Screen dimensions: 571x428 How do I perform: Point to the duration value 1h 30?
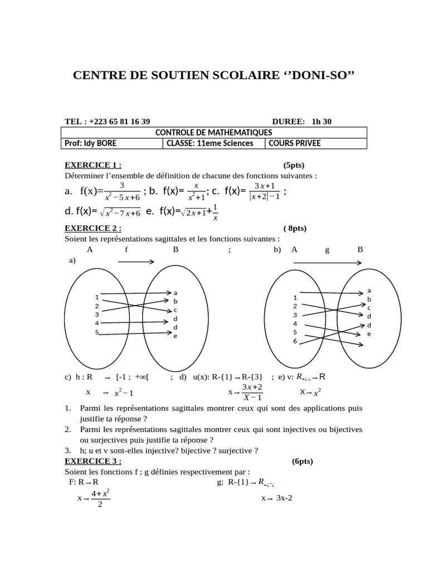[x=322, y=122]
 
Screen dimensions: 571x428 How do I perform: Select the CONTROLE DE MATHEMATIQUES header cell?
[x=213, y=132]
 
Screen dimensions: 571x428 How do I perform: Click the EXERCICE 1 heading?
[x=93, y=165]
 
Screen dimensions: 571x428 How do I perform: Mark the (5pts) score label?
[x=294, y=165]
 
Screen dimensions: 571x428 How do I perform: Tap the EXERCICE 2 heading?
[x=93, y=228]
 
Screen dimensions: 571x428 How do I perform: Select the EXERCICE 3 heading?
[x=93, y=461]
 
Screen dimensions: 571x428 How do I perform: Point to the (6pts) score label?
[x=303, y=461]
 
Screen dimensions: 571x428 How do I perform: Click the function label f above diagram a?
[x=127, y=250]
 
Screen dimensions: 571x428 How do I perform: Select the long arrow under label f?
[x=136, y=261]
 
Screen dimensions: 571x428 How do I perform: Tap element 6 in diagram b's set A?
[x=295, y=341]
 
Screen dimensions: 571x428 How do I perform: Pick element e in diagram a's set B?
[x=175, y=336]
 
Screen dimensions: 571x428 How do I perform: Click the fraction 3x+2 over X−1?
[x=252, y=392]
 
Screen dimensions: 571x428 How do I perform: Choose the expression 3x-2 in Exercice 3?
[x=284, y=498]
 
